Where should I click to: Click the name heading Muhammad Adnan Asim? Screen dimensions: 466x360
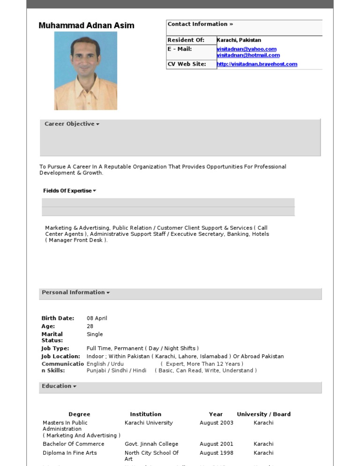click(86, 26)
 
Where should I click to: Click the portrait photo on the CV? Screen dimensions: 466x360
click(86, 71)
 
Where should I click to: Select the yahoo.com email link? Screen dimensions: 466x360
click(247, 49)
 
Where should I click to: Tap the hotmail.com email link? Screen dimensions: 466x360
click(248, 55)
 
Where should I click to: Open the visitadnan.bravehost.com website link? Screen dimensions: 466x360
click(257, 64)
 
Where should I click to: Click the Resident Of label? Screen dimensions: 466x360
click(186, 40)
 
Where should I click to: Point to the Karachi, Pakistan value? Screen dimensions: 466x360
click(239, 40)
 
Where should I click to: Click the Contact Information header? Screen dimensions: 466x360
click(200, 24)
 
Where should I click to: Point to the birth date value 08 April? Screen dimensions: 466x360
click(97, 318)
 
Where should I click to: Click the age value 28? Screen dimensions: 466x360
click(90, 326)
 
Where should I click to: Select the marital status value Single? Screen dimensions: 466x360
click(95, 334)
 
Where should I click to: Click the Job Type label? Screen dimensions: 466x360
click(55, 349)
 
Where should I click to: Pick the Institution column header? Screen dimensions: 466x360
click(145, 414)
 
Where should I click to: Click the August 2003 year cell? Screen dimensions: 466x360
click(216, 423)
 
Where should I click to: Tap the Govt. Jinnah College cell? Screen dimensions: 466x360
click(151, 444)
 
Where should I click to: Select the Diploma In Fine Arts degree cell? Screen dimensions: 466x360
click(70, 453)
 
